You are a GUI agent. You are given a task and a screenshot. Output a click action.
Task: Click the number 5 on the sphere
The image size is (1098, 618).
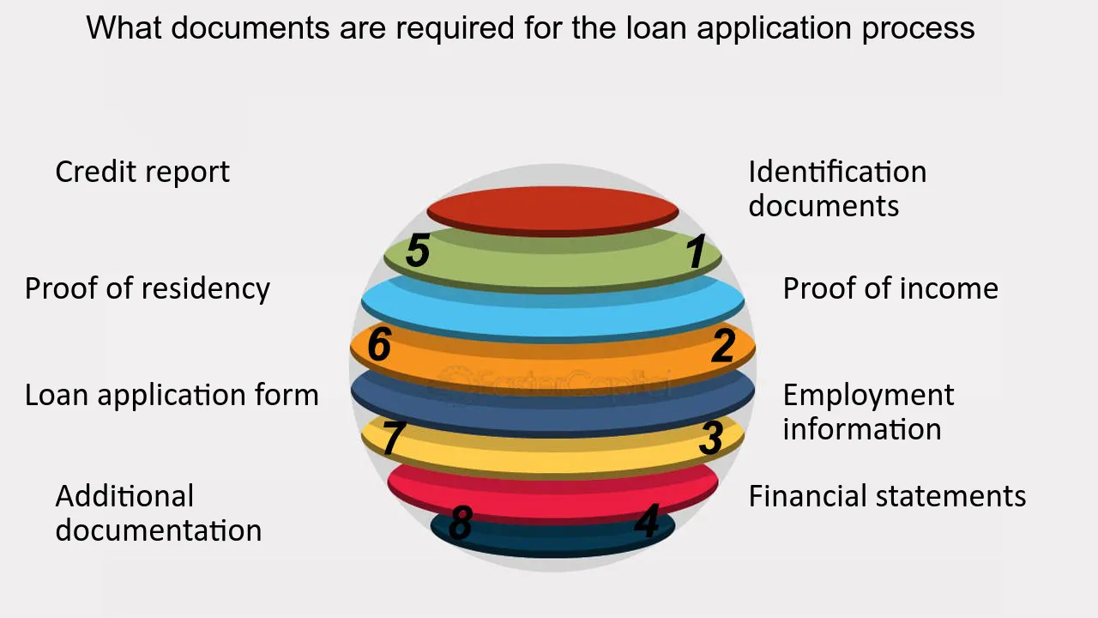point(418,251)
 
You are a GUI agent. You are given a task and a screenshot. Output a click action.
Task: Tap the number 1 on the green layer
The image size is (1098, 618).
point(696,252)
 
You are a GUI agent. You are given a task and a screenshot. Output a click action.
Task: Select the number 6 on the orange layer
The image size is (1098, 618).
point(379,345)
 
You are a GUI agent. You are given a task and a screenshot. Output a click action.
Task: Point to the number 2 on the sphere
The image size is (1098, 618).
point(723,346)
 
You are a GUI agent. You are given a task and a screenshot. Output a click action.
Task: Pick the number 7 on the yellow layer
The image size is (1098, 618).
point(392,439)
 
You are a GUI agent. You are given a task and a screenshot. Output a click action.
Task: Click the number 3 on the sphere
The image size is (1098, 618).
point(710,439)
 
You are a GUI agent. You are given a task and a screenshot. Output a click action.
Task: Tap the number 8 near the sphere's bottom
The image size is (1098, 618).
point(461,523)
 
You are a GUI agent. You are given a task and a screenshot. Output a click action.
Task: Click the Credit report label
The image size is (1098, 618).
point(142,172)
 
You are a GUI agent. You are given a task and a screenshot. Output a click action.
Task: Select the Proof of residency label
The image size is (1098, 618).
point(148,288)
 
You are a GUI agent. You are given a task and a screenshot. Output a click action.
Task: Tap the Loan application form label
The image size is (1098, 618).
point(172,395)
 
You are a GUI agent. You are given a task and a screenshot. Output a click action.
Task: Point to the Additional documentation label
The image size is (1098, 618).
point(159,513)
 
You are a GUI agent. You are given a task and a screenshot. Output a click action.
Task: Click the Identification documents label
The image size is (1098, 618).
point(836,189)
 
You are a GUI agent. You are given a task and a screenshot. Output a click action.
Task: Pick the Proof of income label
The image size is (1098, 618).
point(890,288)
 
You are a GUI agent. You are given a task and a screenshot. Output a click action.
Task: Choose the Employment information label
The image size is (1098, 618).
point(867,412)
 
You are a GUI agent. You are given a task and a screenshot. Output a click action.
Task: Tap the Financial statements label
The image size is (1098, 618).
point(887,496)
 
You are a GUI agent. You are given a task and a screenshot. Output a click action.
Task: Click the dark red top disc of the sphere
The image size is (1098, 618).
point(553,209)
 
